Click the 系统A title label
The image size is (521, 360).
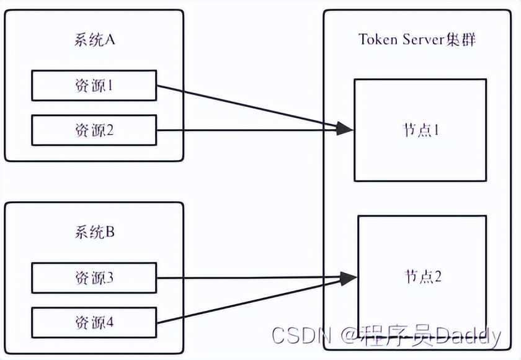[94, 41]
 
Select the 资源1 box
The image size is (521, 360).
[94, 86]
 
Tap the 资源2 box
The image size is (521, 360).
[94, 130]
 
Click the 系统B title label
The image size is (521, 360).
[94, 233]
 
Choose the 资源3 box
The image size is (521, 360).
[94, 278]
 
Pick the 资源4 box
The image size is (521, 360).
[94, 323]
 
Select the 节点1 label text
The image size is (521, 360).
[421, 130]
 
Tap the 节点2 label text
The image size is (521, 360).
[422, 276]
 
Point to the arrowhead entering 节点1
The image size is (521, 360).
[345, 129]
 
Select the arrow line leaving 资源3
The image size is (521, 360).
[248, 278]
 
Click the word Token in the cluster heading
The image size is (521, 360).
[378, 39]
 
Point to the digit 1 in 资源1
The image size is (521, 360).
[110, 86]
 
